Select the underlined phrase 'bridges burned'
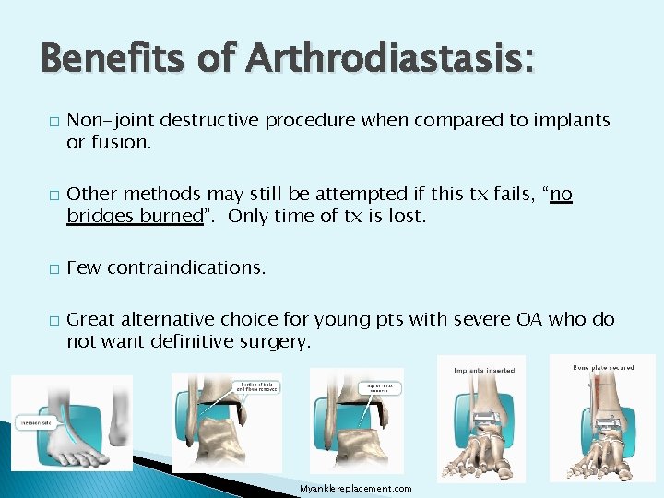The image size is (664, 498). tap(135, 216)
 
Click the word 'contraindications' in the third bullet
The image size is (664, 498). tap(185, 267)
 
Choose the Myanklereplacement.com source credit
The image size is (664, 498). tap(356, 488)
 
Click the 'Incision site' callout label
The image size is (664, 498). tap(36, 424)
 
